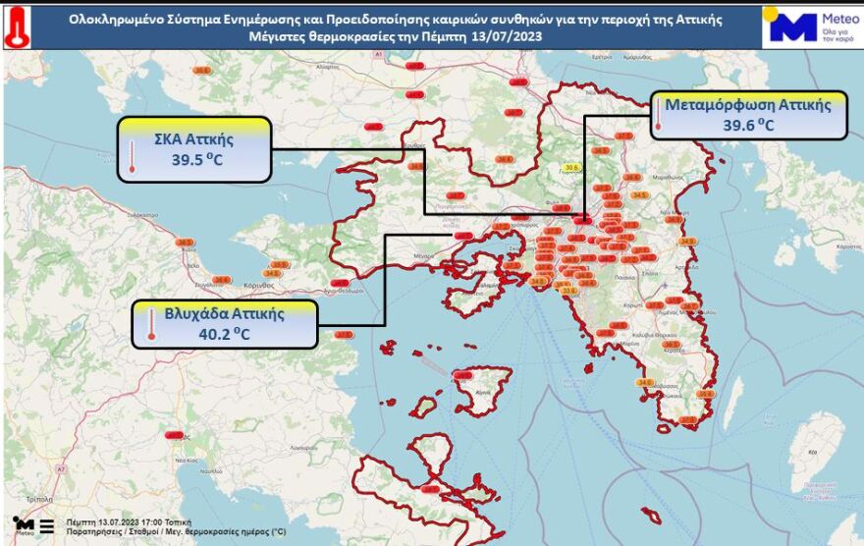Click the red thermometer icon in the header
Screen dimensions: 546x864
click(17, 27)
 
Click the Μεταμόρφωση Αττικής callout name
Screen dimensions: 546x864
click(755, 105)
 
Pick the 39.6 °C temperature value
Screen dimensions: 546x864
click(749, 125)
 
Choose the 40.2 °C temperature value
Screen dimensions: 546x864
click(224, 334)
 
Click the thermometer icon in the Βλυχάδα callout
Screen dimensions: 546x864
click(152, 324)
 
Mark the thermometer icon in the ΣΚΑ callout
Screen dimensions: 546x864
click(131, 156)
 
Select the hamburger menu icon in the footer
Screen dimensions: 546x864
click(46, 522)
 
